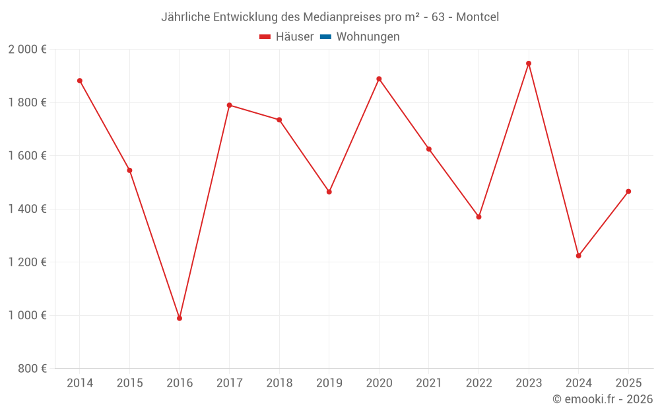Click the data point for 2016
[180, 319]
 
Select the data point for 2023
[529, 63]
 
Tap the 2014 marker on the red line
[80, 81]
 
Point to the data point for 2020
[379, 79]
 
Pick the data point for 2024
[579, 256]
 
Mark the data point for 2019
[329, 192]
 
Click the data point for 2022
[478, 217]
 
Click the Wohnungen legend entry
[368, 37]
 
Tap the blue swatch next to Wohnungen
[325, 37]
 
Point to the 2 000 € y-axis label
[27, 50]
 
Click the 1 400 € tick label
[27, 209]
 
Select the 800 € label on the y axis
[31, 369]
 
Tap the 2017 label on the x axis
[229, 383]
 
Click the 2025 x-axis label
[628, 383]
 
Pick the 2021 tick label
[429, 383]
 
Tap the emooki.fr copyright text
[603, 399]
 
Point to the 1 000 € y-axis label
[27, 315]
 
